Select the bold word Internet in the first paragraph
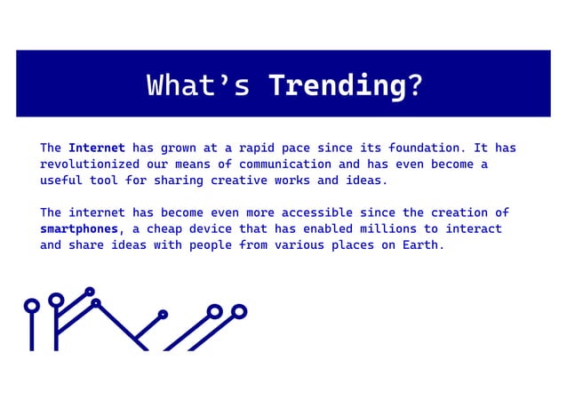(x=97, y=148)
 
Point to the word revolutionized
(x=90, y=164)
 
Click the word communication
(x=283, y=164)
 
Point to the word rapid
(x=254, y=148)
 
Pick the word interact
(x=473, y=229)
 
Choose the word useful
(x=60, y=180)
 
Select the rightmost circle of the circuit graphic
(x=238, y=311)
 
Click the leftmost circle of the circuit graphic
(x=32, y=306)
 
